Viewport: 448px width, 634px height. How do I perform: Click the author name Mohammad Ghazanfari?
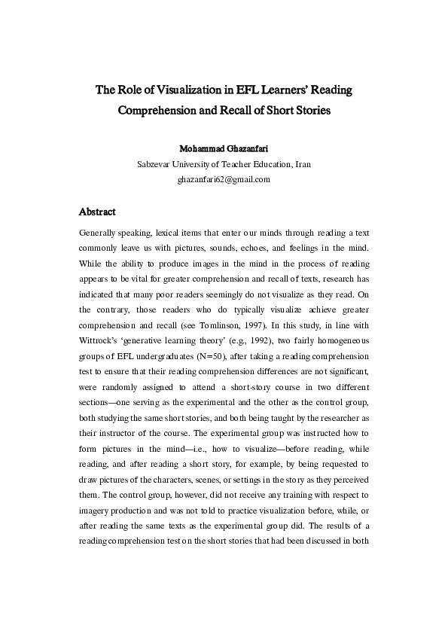coord(224,148)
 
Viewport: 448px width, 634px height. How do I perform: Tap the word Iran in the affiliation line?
coord(302,164)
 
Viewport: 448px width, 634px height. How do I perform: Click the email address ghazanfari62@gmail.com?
coord(224,180)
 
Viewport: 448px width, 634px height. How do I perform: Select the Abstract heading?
coord(97,212)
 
